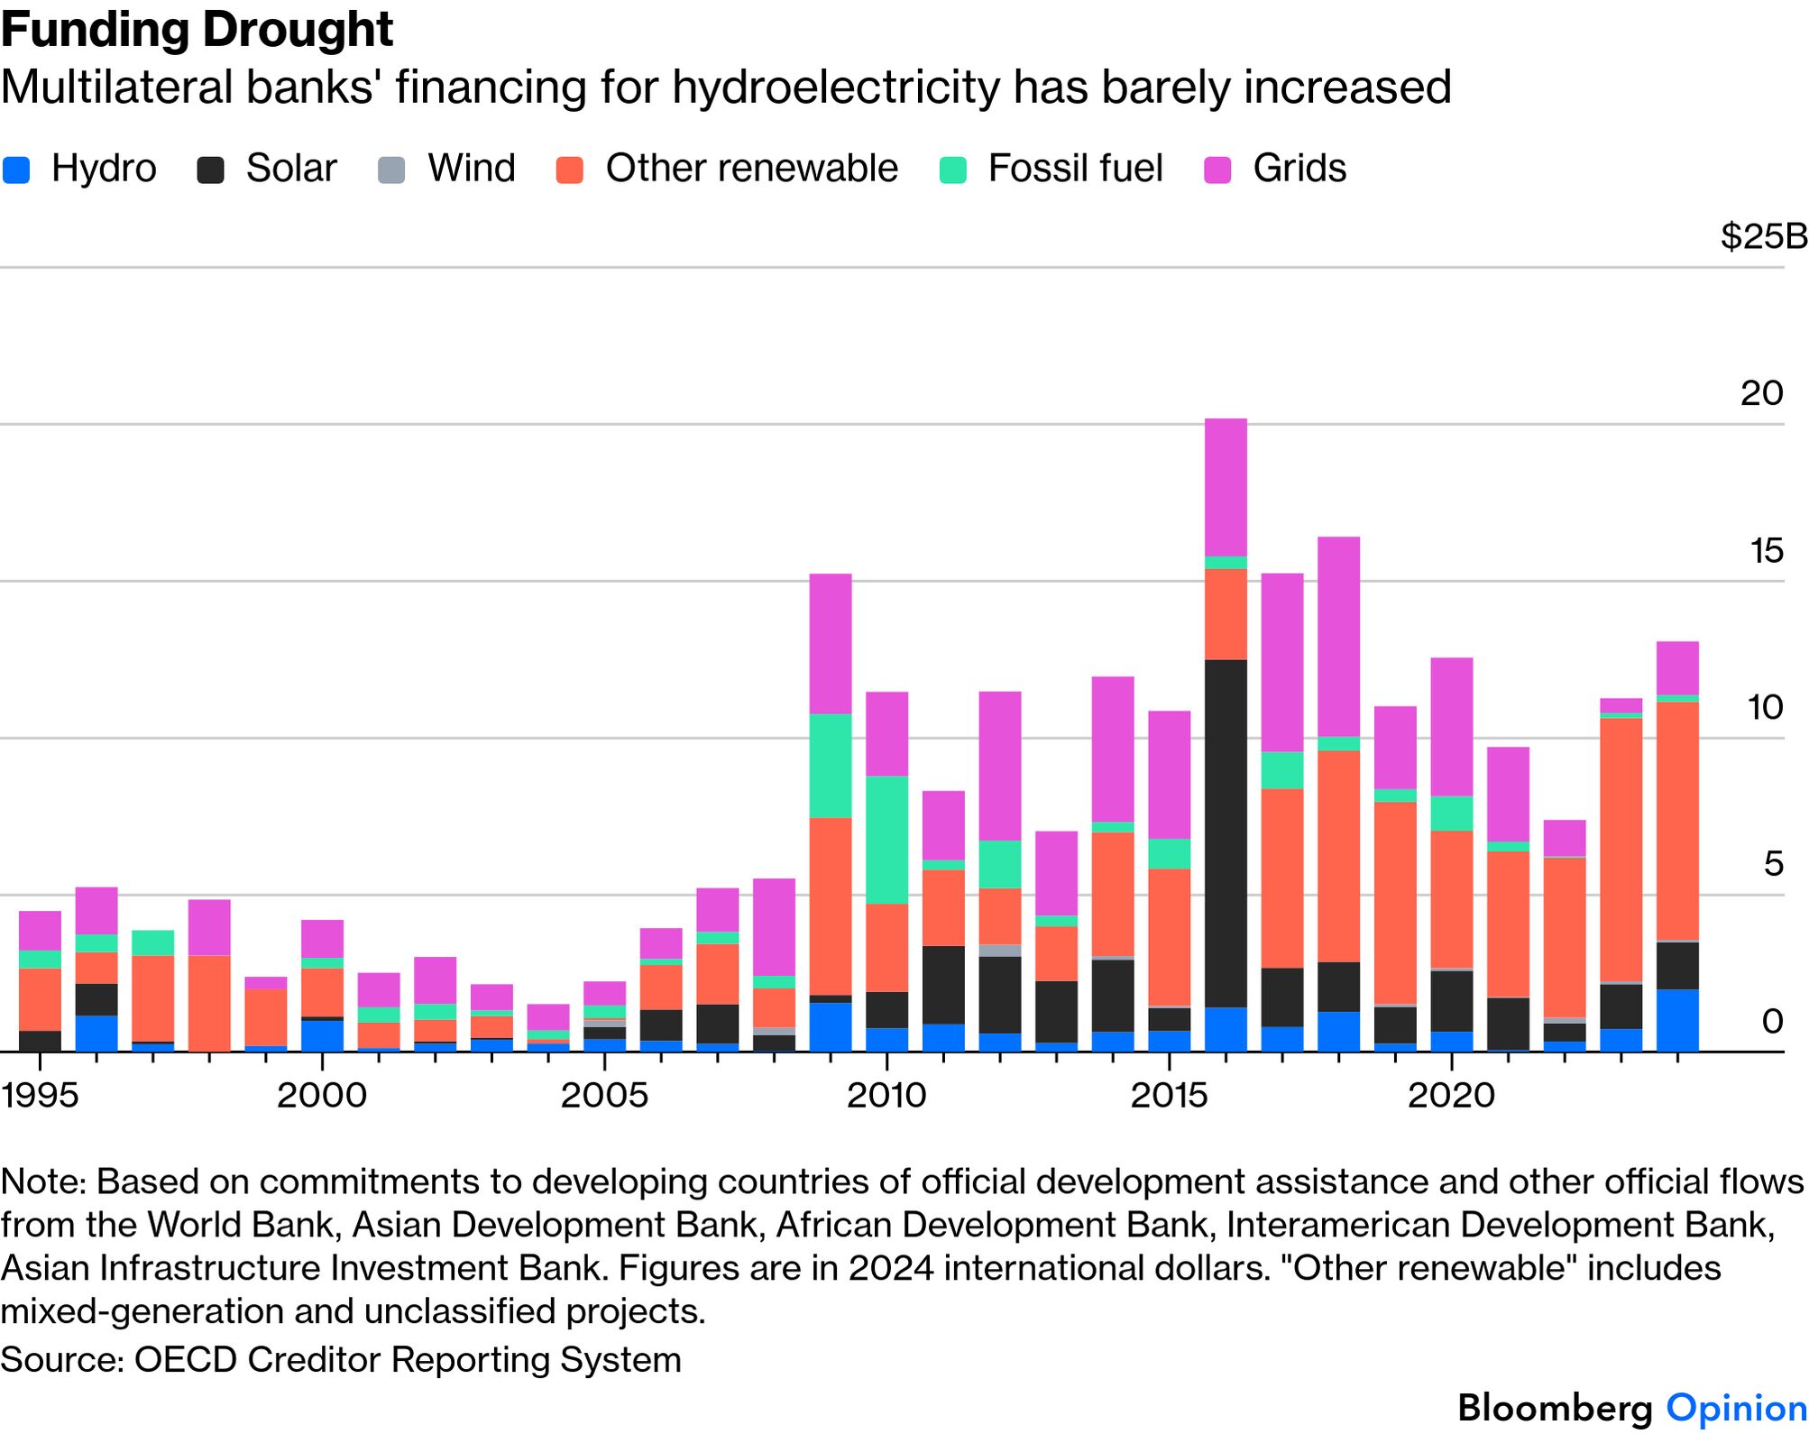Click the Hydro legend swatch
point(16,170)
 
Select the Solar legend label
point(291,169)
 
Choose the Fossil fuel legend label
point(1075,169)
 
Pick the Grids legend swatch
point(1218,170)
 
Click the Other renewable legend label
point(752,169)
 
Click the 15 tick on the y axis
point(1766,550)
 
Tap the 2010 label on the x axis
point(886,1095)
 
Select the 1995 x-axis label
point(40,1095)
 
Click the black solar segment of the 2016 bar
point(1226,833)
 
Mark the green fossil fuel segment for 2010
point(886,840)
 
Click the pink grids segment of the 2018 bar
point(1338,637)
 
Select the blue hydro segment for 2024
point(1677,1021)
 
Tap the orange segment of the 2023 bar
point(1621,850)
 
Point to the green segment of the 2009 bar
point(831,766)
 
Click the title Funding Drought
point(197,31)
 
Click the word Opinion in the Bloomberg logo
point(1736,1408)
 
